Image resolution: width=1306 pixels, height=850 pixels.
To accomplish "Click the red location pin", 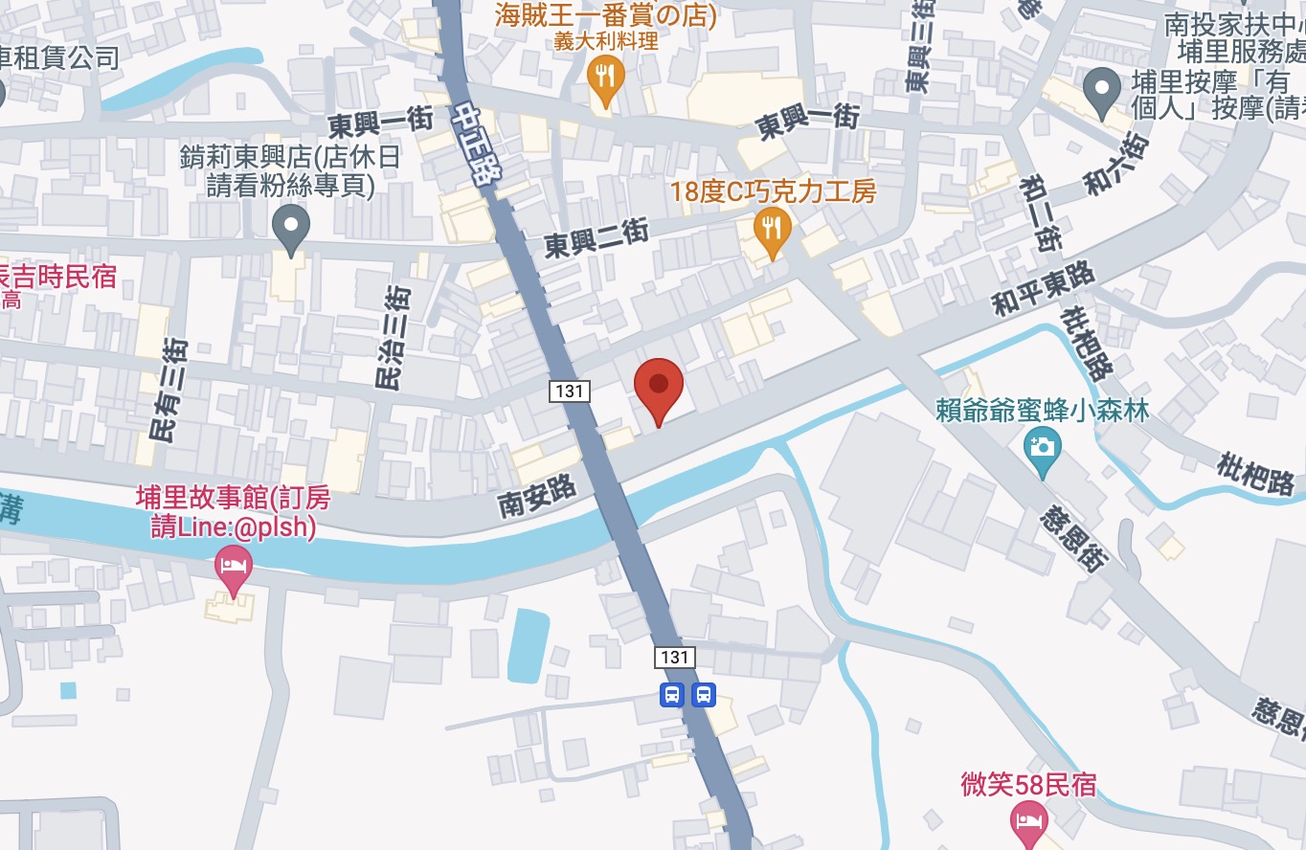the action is (x=659, y=388).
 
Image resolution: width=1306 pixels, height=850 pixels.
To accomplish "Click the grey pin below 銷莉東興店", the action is (x=290, y=228).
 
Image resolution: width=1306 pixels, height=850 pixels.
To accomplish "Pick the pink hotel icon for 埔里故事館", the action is (x=233, y=564).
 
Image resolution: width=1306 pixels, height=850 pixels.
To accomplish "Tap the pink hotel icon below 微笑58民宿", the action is (x=1028, y=821).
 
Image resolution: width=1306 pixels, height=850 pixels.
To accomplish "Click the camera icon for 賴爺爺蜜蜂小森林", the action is (x=1042, y=447).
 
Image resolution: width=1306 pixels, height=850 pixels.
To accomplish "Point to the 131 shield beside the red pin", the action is (x=569, y=391).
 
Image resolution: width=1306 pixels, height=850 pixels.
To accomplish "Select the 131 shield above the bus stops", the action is (x=675, y=657).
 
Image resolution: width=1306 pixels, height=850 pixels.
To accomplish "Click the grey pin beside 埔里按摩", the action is (x=1101, y=91).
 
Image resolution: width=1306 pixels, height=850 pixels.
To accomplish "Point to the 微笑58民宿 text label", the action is (x=1028, y=786).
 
